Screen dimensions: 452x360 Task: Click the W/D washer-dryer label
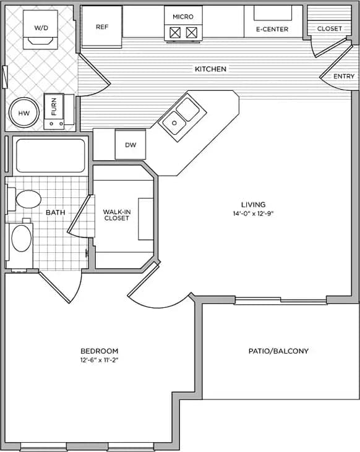click(41, 28)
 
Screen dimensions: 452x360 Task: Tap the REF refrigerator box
click(102, 27)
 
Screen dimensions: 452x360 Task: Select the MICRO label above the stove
click(184, 16)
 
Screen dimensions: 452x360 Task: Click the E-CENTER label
click(272, 29)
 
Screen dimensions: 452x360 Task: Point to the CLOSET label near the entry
click(329, 28)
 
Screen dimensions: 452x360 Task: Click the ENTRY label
click(344, 76)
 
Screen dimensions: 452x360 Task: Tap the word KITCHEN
click(210, 69)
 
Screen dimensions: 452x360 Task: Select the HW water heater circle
click(24, 113)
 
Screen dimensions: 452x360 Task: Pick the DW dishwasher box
click(131, 145)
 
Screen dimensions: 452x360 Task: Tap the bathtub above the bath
click(50, 156)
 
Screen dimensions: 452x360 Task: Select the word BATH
click(56, 212)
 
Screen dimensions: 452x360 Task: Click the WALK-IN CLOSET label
click(116, 215)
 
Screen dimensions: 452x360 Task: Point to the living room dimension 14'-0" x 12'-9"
click(254, 214)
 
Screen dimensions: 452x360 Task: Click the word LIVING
click(254, 205)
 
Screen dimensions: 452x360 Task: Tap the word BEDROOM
click(99, 351)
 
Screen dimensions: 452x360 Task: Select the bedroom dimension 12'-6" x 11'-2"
click(99, 360)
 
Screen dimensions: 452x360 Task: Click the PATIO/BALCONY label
click(278, 351)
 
